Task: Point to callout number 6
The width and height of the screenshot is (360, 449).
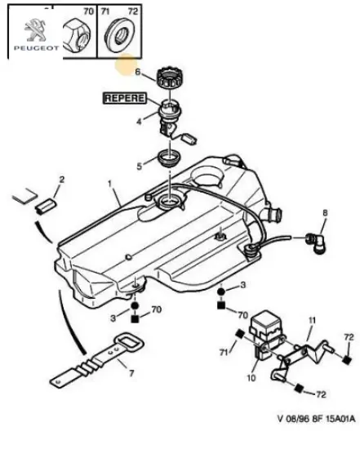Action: [138, 73]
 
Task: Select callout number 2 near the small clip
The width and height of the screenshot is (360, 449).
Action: [60, 180]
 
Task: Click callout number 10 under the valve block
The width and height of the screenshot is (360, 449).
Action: [251, 379]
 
